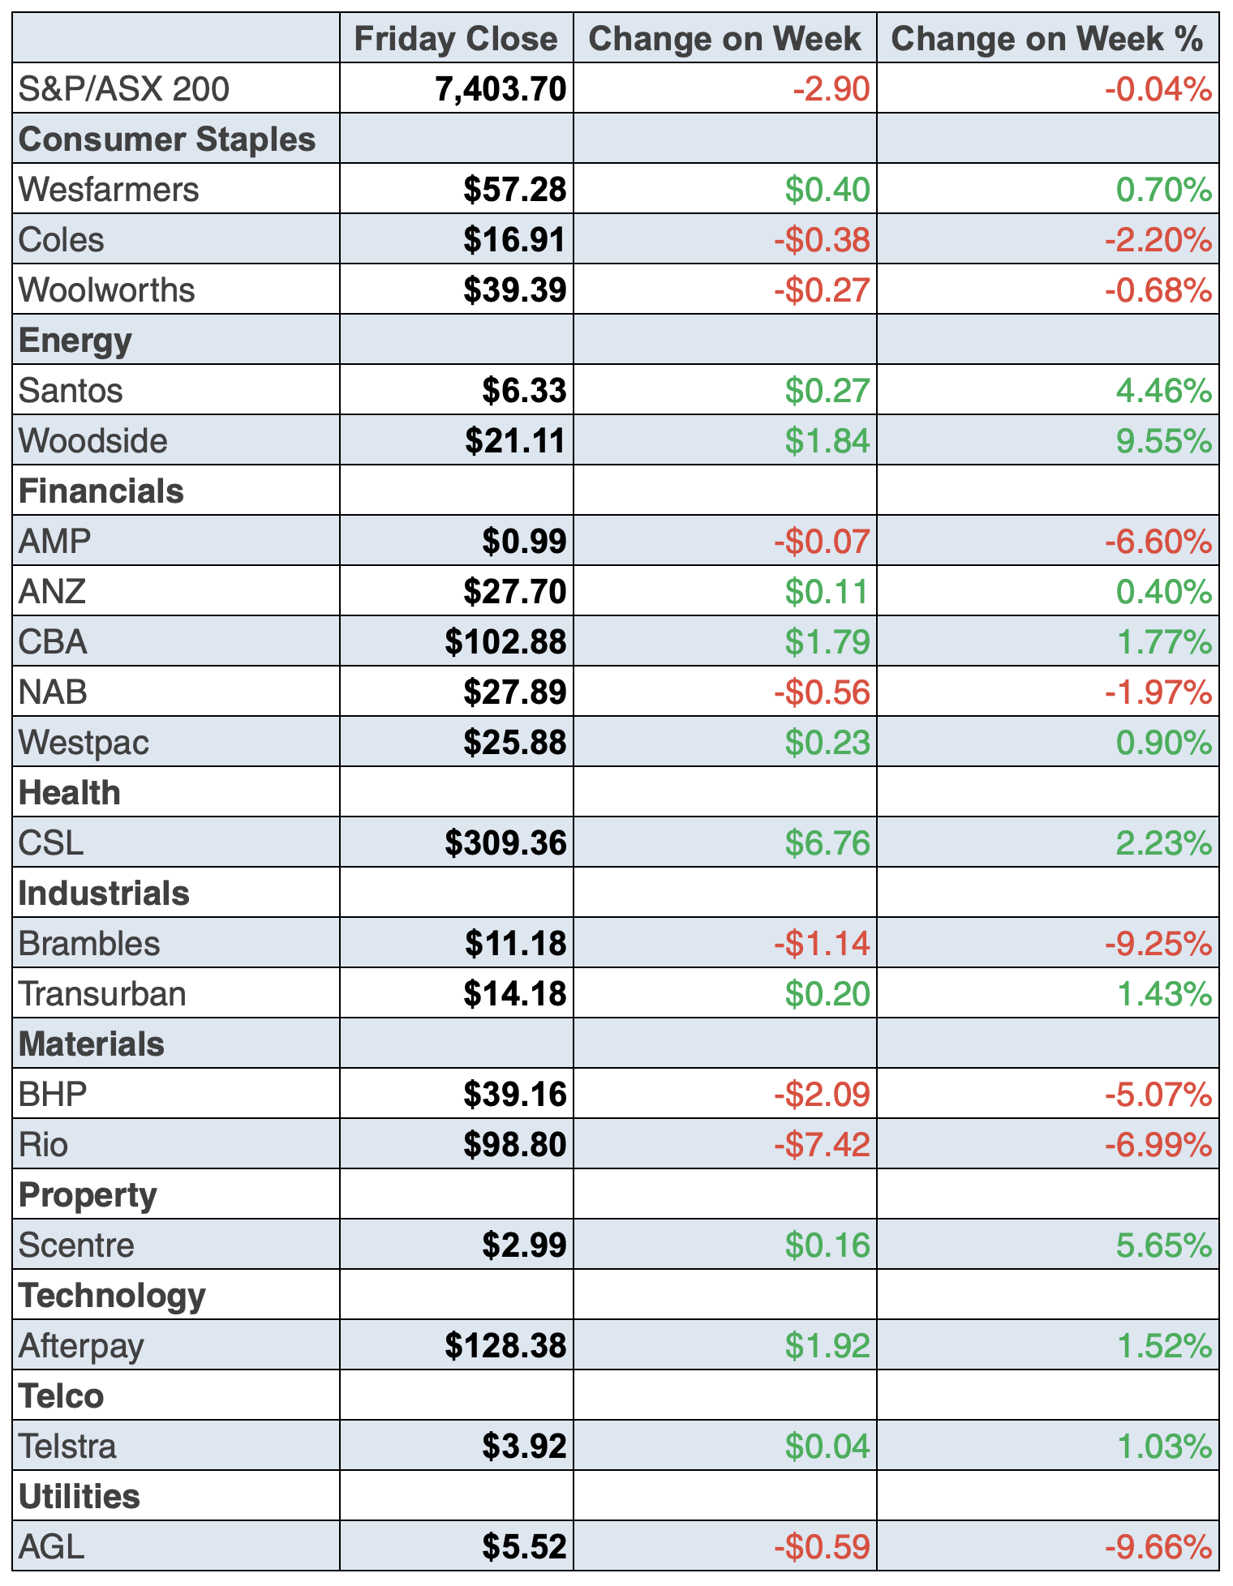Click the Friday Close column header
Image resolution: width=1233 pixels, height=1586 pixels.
click(456, 39)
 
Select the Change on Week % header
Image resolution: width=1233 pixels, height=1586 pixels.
click(1046, 39)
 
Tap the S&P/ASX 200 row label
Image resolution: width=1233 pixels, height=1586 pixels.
click(124, 89)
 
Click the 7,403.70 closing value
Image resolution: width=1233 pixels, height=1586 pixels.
click(501, 89)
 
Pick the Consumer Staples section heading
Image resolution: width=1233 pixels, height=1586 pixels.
click(167, 139)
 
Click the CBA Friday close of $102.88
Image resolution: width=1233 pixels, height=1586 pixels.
click(505, 642)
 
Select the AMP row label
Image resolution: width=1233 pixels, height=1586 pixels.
click(55, 542)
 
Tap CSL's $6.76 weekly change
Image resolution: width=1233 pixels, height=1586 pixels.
click(827, 843)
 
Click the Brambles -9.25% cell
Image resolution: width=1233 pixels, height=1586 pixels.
click(1158, 944)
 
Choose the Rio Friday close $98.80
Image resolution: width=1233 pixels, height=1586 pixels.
click(514, 1145)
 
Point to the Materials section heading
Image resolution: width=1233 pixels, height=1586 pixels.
click(92, 1044)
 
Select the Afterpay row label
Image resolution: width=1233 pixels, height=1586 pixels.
click(81, 1346)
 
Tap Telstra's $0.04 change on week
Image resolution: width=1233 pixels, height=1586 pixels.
click(827, 1447)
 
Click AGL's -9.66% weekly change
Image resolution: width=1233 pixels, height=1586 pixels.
click(1158, 1547)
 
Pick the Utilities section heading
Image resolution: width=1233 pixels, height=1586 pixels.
click(79, 1497)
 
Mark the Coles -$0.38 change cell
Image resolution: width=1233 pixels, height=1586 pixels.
click(821, 240)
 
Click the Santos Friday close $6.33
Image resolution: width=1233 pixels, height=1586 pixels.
click(524, 391)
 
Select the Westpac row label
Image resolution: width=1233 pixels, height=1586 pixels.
click(84, 743)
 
